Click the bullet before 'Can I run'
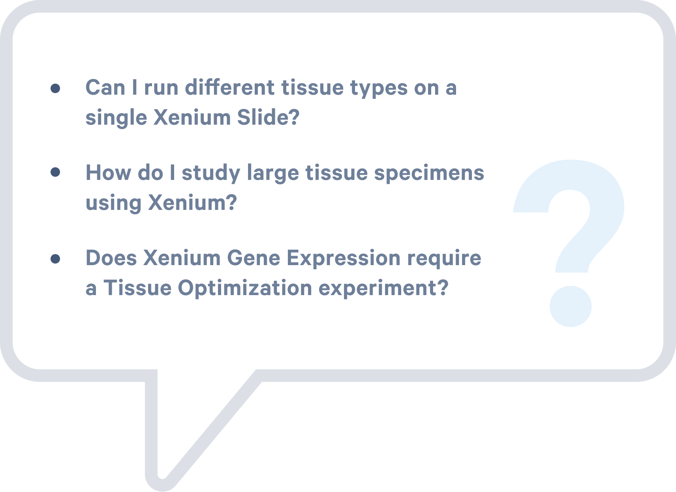[55, 88]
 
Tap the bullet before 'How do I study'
[55, 172]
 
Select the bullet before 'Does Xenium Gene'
[55, 259]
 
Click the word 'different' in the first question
[229, 87]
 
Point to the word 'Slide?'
[268, 117]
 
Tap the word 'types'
[379, 89]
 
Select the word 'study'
[211, 174]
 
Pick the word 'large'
[273, 174]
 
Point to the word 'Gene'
[253, 258]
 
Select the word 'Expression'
[344, 259]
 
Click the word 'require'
[444, 259]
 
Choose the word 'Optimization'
[245, 289]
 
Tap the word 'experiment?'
[383, 289]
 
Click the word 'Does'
[111, 258]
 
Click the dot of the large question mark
[570, 306]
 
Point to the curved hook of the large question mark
[607, 208]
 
